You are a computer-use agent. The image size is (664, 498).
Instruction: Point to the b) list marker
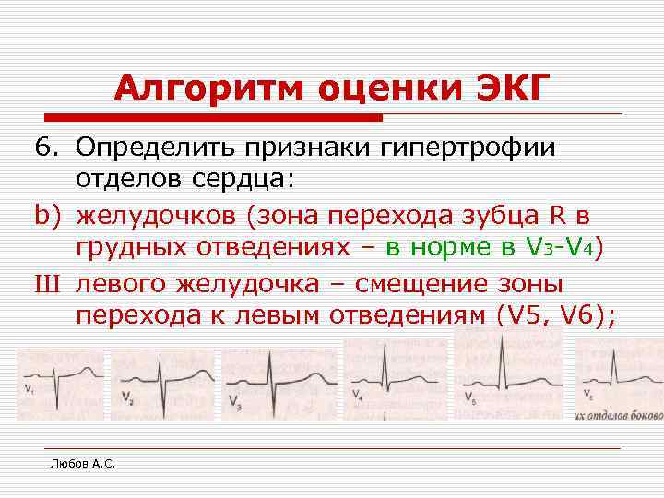pos(48,216)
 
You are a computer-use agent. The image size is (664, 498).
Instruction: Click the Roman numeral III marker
pos(49,283)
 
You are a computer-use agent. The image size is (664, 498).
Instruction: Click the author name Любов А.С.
pos(82,464)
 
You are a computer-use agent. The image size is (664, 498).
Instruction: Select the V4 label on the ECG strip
pos(357,395)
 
